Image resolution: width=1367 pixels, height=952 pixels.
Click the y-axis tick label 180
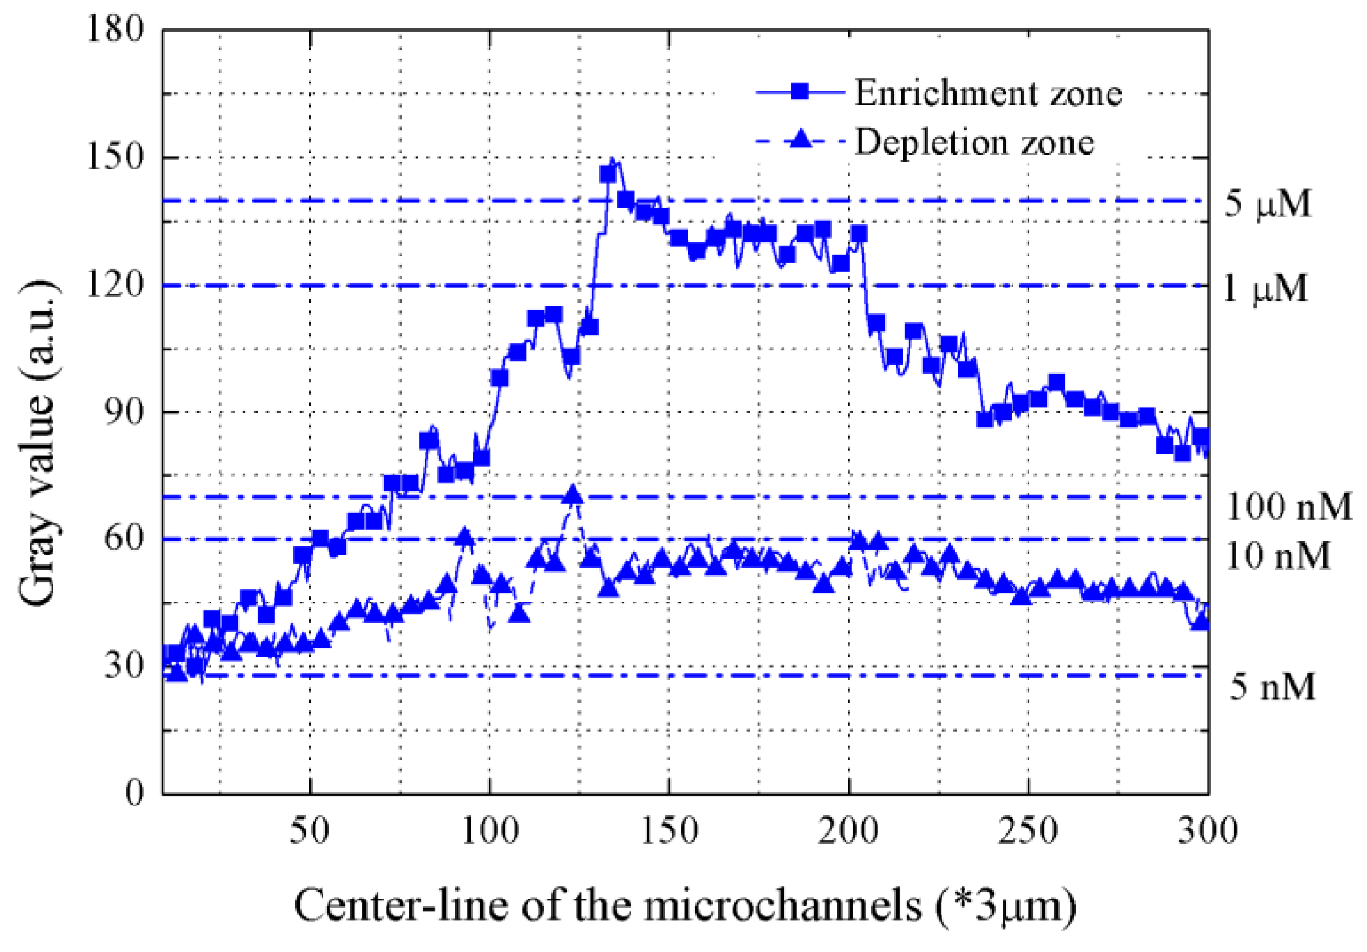(x=115, y=28)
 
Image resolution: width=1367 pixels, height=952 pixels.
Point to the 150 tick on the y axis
(x=115, y=157)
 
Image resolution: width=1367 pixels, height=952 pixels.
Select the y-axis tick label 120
(x=115, y=285)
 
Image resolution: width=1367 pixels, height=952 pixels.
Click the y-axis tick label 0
(x=134, y=794)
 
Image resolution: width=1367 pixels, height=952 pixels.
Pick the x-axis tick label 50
(x=310, y=831)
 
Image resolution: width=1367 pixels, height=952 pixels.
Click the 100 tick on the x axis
(x=489, y=831)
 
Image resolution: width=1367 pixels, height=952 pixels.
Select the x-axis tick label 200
(x=848, y=831)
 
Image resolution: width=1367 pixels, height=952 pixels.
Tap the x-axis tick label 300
(x=1208, y=831)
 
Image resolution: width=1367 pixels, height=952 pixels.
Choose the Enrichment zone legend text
(x=989, y=93)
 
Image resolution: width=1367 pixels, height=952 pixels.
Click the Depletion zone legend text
(x=975, y=142)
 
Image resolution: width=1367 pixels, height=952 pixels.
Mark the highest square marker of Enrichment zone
(x=608, y=173)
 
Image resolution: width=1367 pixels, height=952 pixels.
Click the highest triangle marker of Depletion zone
(x=573, y=494)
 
